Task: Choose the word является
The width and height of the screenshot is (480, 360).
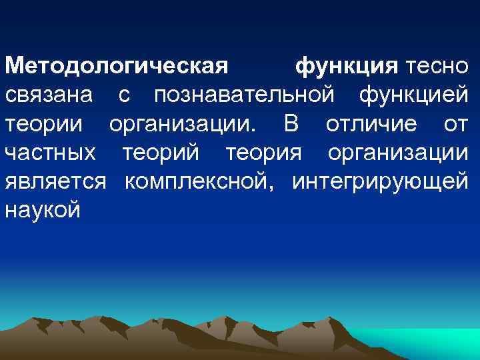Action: [x=55, y=182]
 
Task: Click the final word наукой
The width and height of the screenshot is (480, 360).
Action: [x=43, y=211]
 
